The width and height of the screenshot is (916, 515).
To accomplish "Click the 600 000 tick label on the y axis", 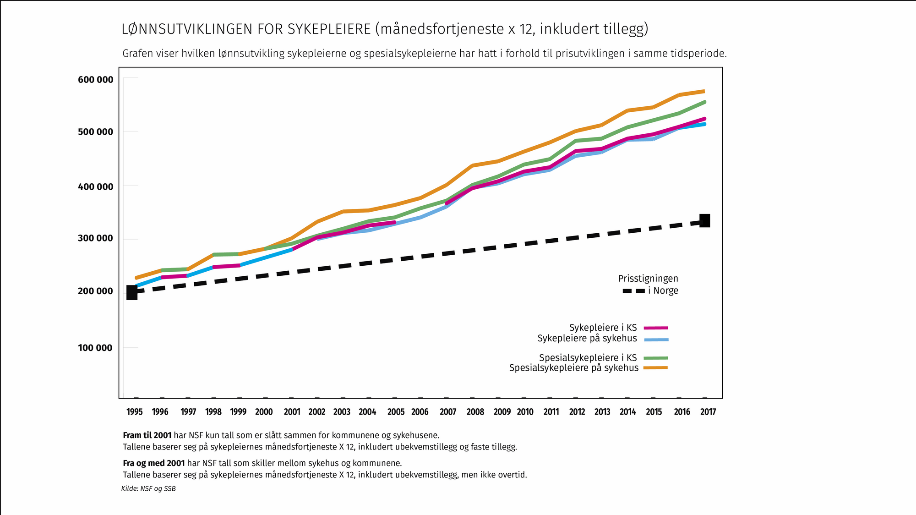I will point(95,80).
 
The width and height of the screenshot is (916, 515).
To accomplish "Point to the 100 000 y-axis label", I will point(95,348).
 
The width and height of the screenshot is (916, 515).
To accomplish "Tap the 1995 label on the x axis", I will point(135,411).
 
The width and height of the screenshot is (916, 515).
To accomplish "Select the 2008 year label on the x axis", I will point(475,411).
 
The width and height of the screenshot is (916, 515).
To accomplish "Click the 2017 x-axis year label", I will point(708,411).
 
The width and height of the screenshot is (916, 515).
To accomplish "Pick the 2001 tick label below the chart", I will point(292,411).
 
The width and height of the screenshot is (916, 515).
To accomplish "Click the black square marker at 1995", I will point(132,292).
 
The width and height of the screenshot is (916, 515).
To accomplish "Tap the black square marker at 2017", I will point(704,220).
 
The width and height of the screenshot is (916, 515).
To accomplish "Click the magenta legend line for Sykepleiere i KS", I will point(656,328).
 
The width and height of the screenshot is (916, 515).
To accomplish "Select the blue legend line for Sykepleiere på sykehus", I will point(656,340).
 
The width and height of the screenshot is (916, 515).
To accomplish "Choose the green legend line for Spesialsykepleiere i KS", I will point(656,358).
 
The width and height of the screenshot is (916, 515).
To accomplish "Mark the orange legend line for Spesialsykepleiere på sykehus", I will point(656,368).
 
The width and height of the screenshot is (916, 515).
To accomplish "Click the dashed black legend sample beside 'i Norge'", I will point(634,291).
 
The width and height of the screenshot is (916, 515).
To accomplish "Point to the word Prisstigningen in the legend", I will point(648,279).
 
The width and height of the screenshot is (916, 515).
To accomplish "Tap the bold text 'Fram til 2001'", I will point(147,435).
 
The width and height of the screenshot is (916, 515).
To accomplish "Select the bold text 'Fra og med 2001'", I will point(154,463).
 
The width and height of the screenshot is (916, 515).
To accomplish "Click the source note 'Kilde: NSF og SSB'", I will point(148,489).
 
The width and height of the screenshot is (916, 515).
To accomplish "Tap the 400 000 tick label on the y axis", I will point(95,186).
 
